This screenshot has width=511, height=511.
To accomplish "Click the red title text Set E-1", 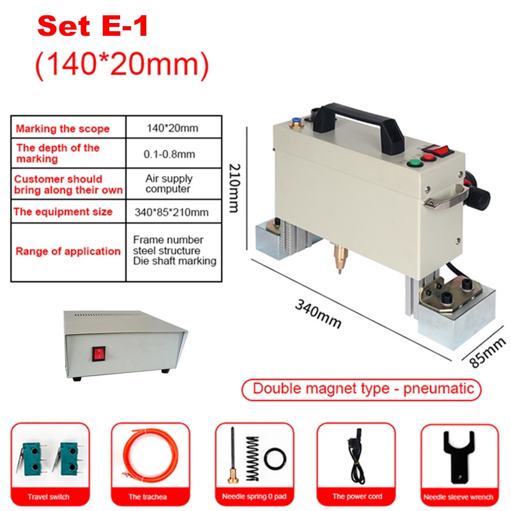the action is click(x=93, y=26).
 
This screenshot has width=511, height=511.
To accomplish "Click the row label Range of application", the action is click(x=68, y=251).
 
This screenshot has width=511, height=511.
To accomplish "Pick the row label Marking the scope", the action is click(x=63, y=128).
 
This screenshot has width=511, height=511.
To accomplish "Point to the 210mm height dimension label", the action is click(x=234, y=188).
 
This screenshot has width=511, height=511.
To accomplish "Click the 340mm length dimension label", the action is click(x=318, y=314).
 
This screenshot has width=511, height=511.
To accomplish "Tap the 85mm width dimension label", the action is click(x=487, y=353).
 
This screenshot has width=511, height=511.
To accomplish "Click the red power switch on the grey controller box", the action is click(x=98, y=354).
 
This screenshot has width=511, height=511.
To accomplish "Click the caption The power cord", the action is click(x=357, y=496).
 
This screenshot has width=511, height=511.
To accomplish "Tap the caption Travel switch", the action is click(x=49, y=497).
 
